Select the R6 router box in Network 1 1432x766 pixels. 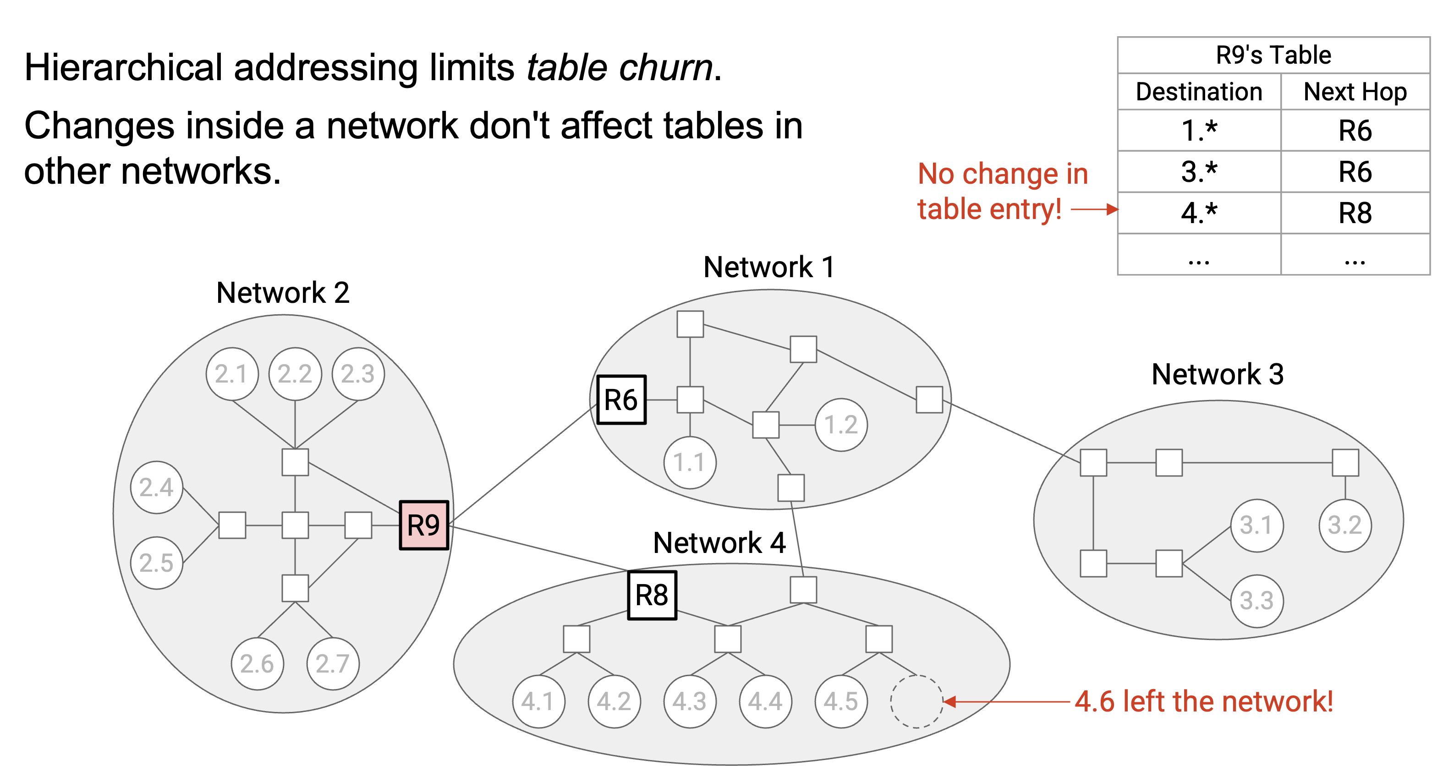[621, 399]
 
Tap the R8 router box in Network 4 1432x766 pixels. [652, 596]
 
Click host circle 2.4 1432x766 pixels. [157, 487]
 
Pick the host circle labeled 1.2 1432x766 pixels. [841, 425]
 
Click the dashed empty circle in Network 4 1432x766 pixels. [916, 701]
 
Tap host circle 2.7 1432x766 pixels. [332, 664]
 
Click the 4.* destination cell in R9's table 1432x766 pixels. [1199, 213]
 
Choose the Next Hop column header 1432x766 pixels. [1355, 92]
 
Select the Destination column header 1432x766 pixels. [1199, 92]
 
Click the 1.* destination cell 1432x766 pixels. [1199, 131]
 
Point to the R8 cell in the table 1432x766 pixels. [1355, 213]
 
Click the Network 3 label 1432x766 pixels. [1218, 374]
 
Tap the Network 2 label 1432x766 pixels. [283, 292]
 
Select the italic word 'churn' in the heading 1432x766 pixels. [666, 68]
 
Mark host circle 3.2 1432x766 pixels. [1345, 525]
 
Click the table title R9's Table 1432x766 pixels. [1273, 55]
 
